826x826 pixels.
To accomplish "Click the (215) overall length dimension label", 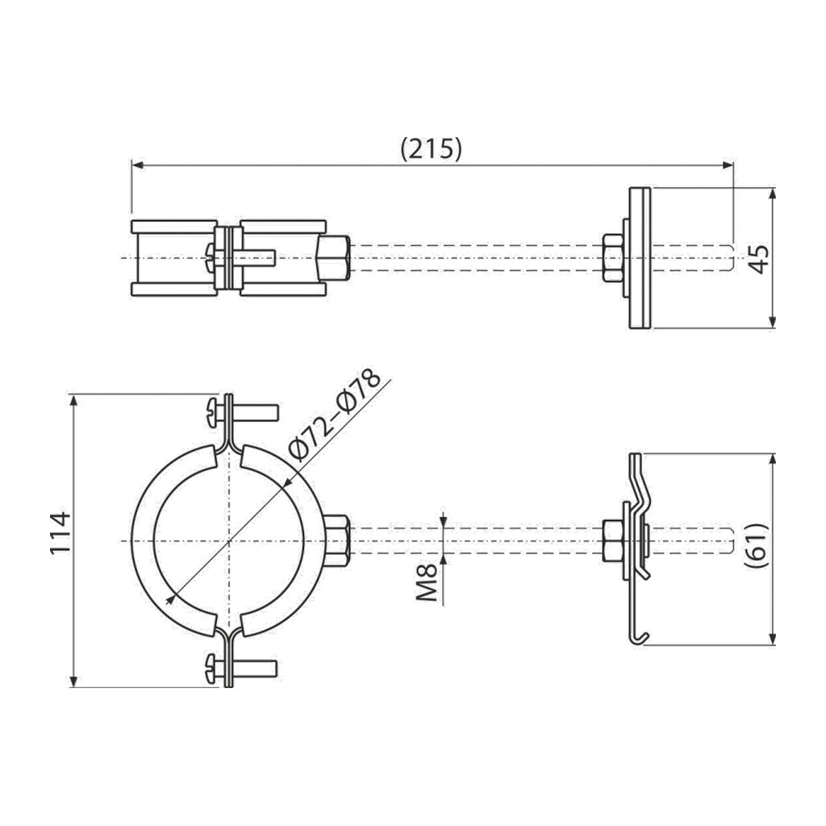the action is point(431,149).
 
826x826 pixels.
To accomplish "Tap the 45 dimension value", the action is point(760,259).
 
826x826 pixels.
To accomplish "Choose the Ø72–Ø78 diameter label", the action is point(335,415).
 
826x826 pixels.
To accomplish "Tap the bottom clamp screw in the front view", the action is point(242,669).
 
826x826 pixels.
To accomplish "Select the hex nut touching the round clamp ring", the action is point(337,541).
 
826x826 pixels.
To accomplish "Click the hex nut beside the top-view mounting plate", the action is point(613,258).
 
